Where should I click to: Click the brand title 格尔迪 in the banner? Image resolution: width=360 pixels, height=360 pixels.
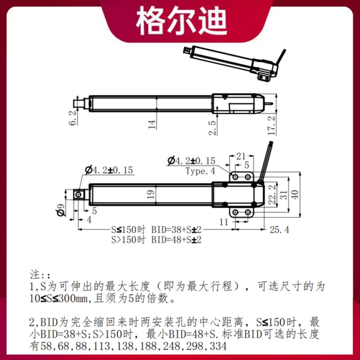point(182,21)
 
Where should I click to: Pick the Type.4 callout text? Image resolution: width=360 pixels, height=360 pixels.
point(200,171)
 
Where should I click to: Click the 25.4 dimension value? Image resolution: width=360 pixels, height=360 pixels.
point(279,230)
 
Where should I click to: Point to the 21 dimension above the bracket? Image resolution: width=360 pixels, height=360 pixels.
point(241,156)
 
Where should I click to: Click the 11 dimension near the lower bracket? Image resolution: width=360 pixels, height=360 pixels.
point(224,221)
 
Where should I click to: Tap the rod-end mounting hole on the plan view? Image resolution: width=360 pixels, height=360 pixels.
point(79,194)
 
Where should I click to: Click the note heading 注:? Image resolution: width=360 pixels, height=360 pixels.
point(40,274)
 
